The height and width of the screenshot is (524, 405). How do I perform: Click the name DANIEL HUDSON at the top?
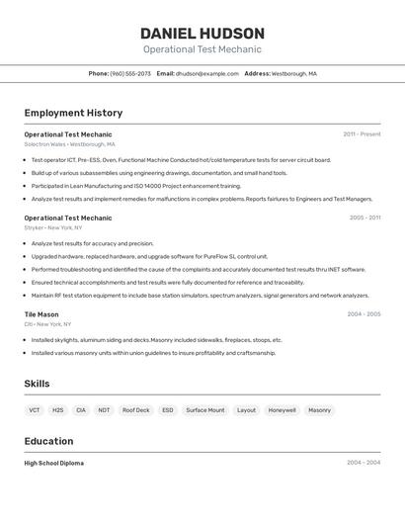click(x=202, y=33)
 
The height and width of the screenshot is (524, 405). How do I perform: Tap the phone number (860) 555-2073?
click(x=130, y=74)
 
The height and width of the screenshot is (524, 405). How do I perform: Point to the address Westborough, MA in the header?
click(x=294, y=74)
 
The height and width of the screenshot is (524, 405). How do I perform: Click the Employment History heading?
click(x=73, y=113)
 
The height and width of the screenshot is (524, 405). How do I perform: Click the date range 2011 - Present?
click(x=362, y=133)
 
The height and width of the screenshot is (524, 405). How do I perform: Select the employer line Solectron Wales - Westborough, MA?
click(x=69, y=144)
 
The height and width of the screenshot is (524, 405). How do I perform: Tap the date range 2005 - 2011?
click(x=364, y=218)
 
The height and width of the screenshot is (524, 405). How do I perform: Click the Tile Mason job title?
click(x=41, y=314)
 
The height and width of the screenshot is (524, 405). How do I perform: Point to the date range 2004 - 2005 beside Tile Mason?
click(x=364, y=314)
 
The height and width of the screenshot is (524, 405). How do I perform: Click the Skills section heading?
click(x=37, y=384)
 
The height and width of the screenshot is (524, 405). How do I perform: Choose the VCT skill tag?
click(x=35, y=409)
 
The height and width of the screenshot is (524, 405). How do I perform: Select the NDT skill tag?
click(x=104, y=409)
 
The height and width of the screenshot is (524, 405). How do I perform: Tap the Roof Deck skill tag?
click(x=135, y=409)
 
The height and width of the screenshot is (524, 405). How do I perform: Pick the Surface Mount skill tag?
click(x=205, y=409)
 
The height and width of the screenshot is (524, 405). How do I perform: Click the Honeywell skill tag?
click(x=282, y=409)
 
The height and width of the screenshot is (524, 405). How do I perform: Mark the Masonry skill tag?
click(x=319, y=409)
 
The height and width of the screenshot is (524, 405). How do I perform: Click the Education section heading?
click(x=48, y=441)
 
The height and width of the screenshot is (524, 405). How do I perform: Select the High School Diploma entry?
click(x=54, y=463)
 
